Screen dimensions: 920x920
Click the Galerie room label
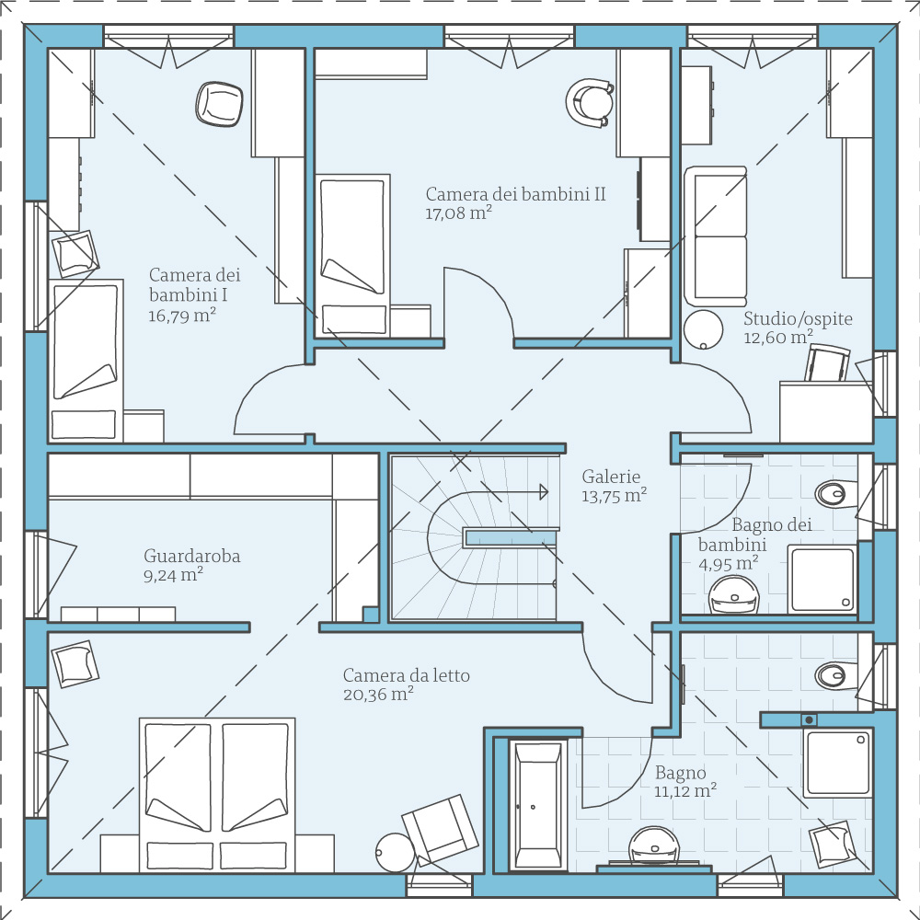click(x=611, y=476)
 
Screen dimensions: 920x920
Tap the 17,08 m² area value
click(x=458, y=213)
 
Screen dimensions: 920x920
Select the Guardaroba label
click(x=192, y=556)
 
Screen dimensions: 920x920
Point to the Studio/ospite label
click(x=798, y=318)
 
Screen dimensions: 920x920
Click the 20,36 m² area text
click(x=378, y=694)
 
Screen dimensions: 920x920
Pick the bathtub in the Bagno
click(x=538, y=806)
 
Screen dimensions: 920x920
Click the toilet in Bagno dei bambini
click(x=835, y=494)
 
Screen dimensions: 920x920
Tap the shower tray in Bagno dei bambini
click(x=822, y=579)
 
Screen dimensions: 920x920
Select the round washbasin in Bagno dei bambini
click(x=733, y=594)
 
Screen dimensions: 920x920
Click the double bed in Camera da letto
click(x=217, y=795)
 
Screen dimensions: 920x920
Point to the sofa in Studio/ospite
click(x=715, y=236)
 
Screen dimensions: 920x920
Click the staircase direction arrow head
click(x=544, y=491)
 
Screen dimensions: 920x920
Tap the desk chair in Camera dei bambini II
click(x=590, y=102)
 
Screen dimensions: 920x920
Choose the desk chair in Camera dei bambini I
click(x=219, y=104)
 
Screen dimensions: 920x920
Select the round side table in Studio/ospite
click(x=704, y=329)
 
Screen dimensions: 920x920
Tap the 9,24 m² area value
click(x=174, y=574)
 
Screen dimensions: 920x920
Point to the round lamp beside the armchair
click(x=396, y=853)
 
